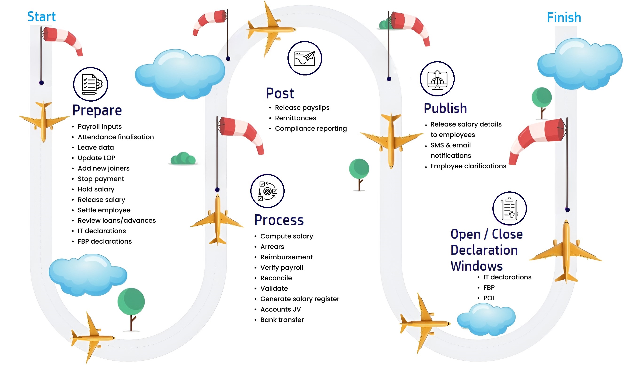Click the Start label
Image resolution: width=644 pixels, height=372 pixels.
[41, 17]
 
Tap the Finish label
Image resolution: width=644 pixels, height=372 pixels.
[564, 18]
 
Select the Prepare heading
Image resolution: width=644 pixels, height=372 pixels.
[97, 110]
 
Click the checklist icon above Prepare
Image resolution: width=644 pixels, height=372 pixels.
[91, 84]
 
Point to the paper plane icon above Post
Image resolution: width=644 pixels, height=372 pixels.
[304, 58]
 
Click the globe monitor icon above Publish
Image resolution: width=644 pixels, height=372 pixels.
[437, 79]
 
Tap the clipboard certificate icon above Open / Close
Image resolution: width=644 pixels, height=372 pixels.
[509, 209]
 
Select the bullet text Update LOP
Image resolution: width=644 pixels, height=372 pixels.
[96, 158]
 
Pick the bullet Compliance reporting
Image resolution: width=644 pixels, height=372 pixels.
[310, 129]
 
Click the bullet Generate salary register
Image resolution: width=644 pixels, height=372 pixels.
[299, 299]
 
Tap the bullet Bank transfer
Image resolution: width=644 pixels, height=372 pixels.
[282, 320]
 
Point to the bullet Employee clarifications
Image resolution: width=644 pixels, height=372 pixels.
[468, 166]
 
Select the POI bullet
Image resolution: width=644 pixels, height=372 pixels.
[488, 298]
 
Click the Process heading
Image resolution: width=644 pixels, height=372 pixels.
[279, 220]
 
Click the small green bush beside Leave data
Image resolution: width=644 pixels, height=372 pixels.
[183, 158]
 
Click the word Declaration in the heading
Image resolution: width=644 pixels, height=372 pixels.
[484, 250]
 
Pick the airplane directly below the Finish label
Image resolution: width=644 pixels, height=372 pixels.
[566, 252]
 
